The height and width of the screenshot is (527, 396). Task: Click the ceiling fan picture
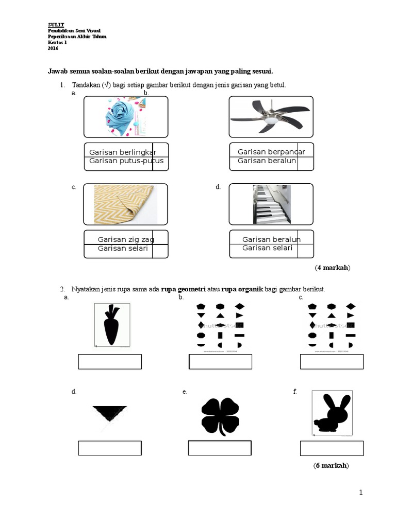coord(271,118)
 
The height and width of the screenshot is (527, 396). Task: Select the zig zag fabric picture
coord(125,204)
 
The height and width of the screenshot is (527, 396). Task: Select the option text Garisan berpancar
coord(271,152)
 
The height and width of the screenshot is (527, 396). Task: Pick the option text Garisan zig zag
coord(126,239)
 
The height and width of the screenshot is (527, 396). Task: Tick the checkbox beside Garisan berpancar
coord(305,150)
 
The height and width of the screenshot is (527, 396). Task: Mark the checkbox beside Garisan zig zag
coord(160,238)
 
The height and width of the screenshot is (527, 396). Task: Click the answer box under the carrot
coord(110,362)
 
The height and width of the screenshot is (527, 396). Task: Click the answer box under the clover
coord(220,448)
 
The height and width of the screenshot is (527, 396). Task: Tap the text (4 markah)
coord(333,268)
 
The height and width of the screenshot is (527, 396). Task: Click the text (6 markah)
coord(331,466)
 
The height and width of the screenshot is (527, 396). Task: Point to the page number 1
coord(361,493)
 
